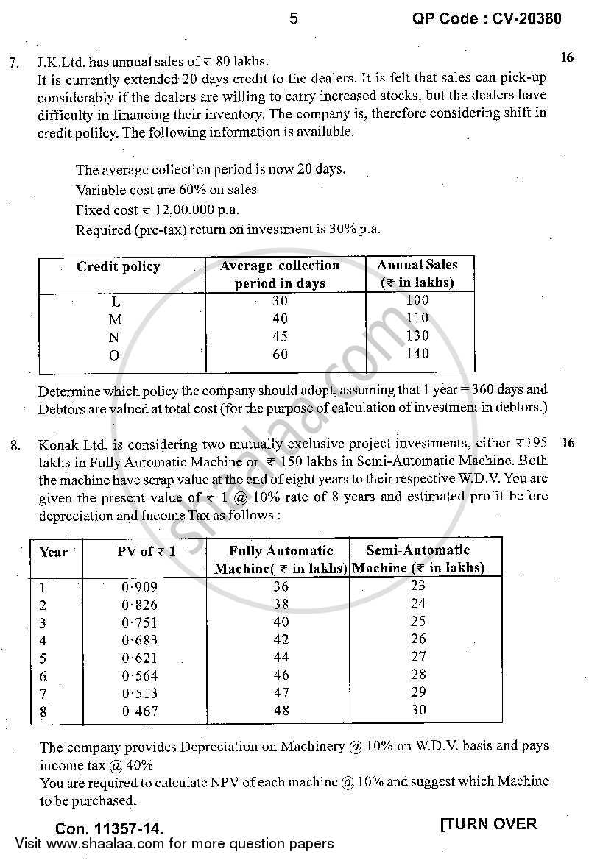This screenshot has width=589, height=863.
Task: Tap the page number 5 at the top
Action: [x=294, y=19]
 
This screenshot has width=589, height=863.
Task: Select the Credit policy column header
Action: [x=118, y=266]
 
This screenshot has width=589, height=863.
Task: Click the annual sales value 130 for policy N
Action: [x=417, y=335]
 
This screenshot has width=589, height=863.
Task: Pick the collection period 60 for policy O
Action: [x=280, y=355]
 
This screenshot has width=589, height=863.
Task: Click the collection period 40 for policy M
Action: [x=280, y=319]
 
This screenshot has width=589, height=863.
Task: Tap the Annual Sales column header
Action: [x=417, y=273]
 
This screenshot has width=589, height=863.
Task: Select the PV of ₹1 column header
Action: [x=147, y=552]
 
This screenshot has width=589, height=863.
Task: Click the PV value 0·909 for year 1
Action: [x=140, y=587]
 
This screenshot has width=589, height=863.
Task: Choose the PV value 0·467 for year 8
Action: [x=140, y=711]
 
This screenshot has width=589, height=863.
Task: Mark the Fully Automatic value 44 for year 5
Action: [x=281, y=658]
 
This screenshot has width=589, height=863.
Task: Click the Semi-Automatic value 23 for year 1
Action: [x=418, y=586]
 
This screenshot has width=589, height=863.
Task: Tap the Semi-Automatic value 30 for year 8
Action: [x=418, y=710]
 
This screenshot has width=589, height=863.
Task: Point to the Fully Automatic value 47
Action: [x=281, y=693]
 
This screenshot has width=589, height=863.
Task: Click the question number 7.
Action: [x=14, y=63]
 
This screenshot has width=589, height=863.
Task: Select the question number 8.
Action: [x=15, y=445]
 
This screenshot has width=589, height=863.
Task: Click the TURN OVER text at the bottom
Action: [x=489, y=824]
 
